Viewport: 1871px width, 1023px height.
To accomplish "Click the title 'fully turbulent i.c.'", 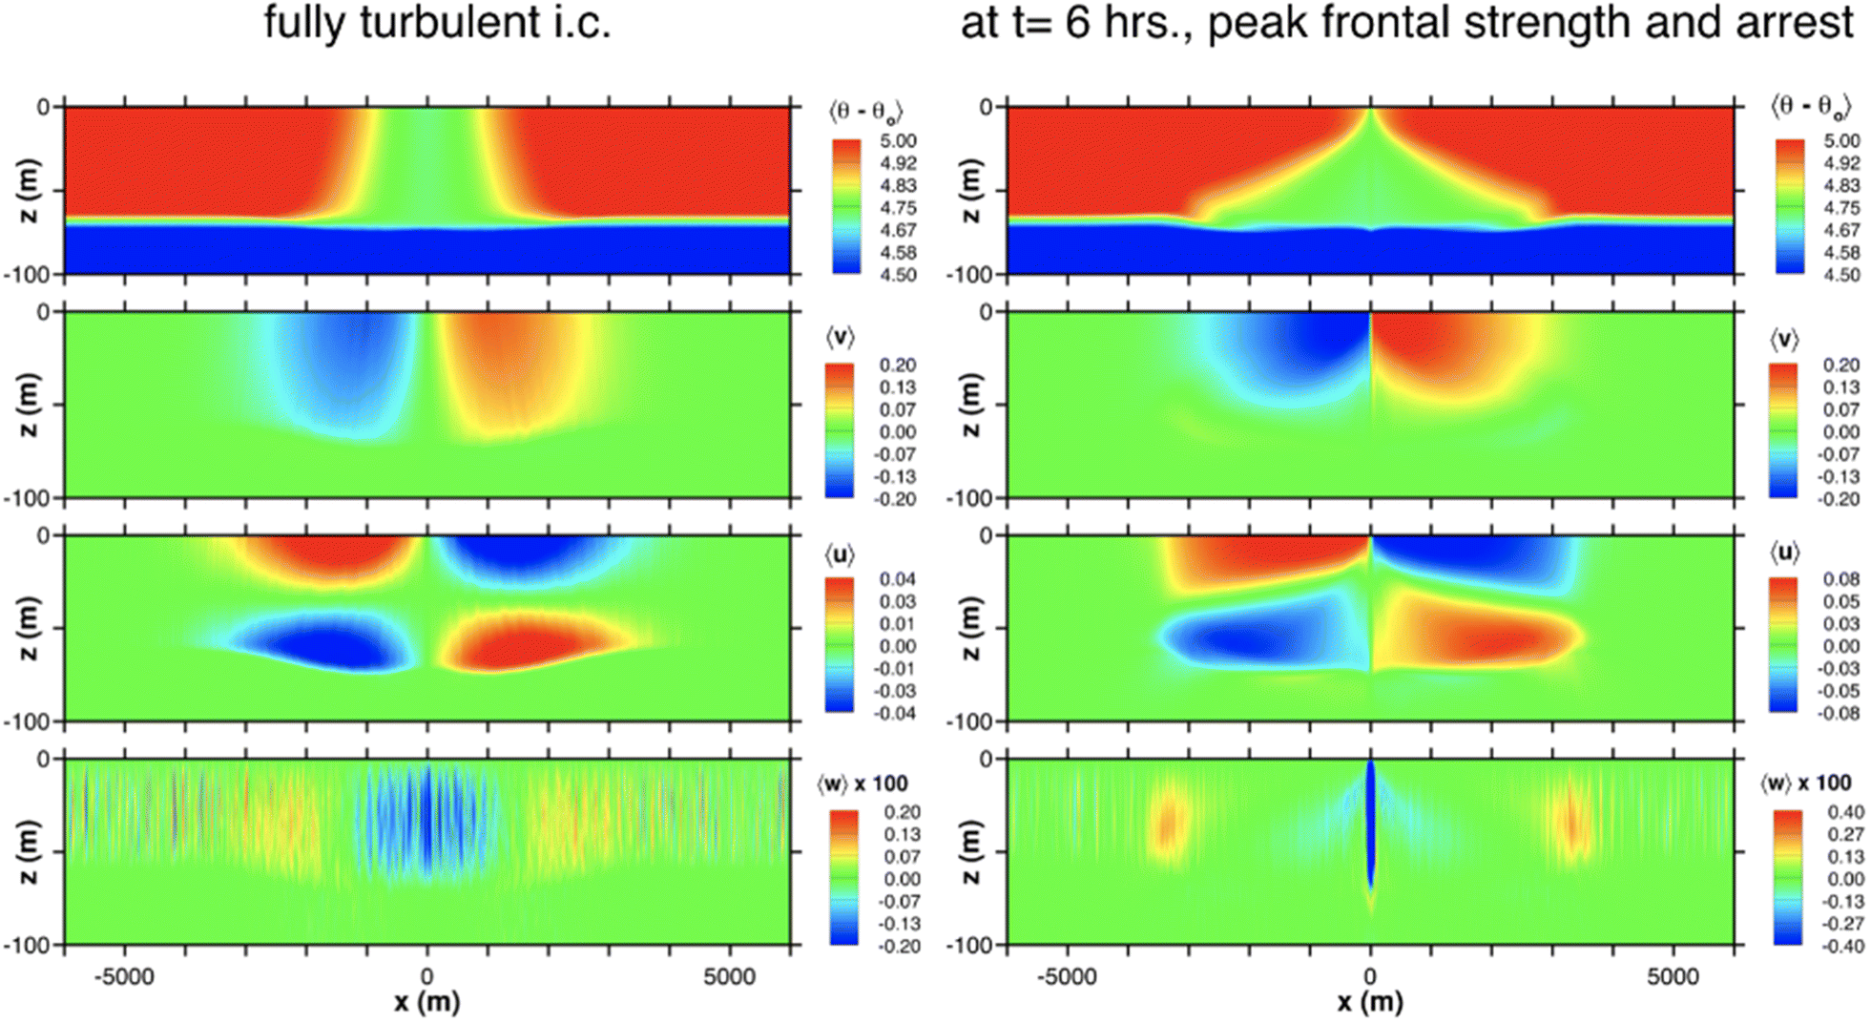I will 437,23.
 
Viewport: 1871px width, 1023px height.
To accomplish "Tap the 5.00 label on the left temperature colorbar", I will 897,141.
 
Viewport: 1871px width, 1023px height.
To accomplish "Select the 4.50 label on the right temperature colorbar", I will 1840,275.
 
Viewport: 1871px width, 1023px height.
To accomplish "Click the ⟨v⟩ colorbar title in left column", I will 840,337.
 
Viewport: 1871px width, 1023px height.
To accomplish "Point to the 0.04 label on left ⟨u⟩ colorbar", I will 897,579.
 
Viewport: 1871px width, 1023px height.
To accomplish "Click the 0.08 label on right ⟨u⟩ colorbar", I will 1840,579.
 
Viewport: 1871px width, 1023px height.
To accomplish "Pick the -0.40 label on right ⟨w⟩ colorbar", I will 1840,947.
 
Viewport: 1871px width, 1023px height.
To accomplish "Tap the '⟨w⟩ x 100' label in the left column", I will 862,784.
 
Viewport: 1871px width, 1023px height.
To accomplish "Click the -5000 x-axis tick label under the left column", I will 125,976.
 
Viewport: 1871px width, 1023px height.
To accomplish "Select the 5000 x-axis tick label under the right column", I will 1673,976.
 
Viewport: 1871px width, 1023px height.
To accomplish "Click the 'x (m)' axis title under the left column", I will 426,1003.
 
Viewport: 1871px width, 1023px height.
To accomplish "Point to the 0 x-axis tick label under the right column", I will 1370,976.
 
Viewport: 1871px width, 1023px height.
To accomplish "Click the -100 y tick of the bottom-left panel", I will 28,945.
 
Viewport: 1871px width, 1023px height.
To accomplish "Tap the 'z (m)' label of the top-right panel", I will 970,191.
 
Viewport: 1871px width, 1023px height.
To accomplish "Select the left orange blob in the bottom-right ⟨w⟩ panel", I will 1167,825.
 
